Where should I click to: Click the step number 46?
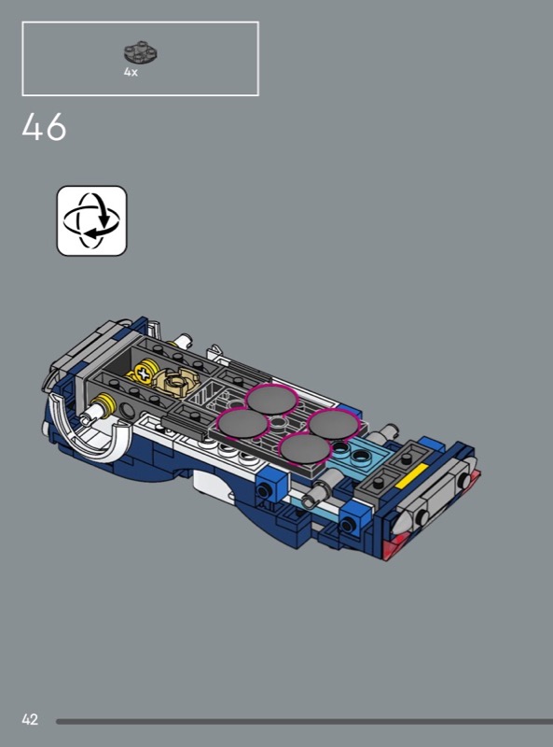(x=44, y=127)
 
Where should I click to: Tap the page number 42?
(x=30, y=719)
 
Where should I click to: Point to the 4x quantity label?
(x=131, y=72)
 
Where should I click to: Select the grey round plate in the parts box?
(x=141, y=52)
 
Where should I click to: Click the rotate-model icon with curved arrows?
(x=91, y=220)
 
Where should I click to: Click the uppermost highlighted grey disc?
(x=270, y=400)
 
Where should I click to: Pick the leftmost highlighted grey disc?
(x=242, y=424)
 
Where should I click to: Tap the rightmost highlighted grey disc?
(x=333, y=424)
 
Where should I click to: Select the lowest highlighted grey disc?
(x=305, y=449)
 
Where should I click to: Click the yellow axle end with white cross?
(x=143, y=372)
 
